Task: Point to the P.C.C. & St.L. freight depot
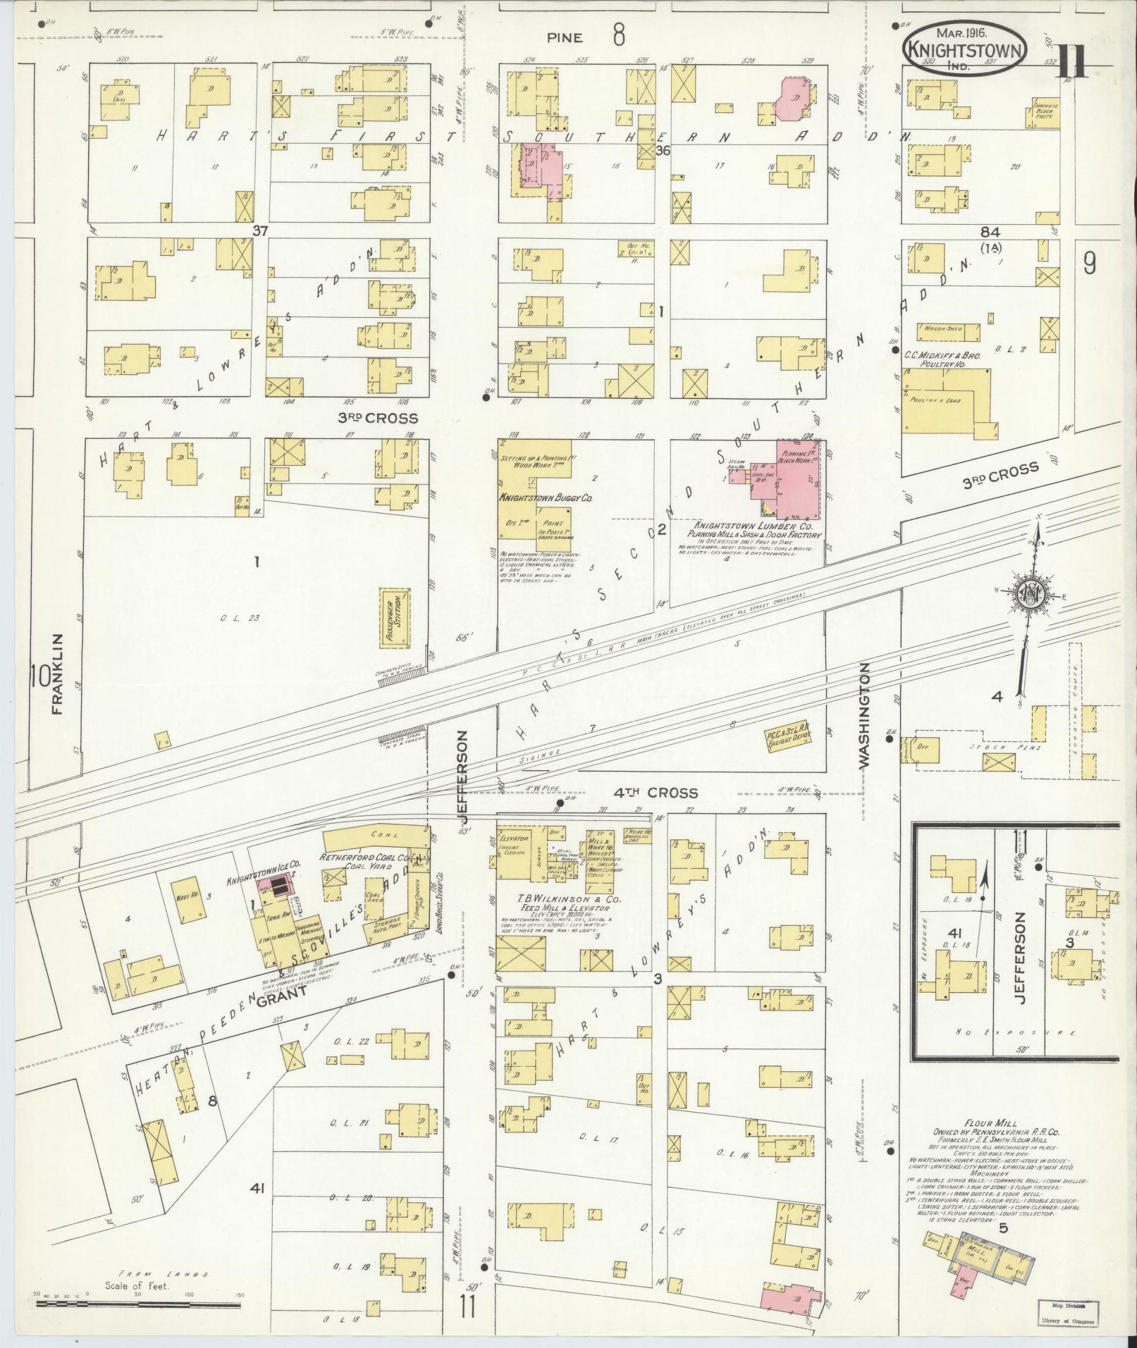point(788,740)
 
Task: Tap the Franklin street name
point(57,674)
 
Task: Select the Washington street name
point(865,713)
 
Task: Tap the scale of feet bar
point(70,1305)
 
